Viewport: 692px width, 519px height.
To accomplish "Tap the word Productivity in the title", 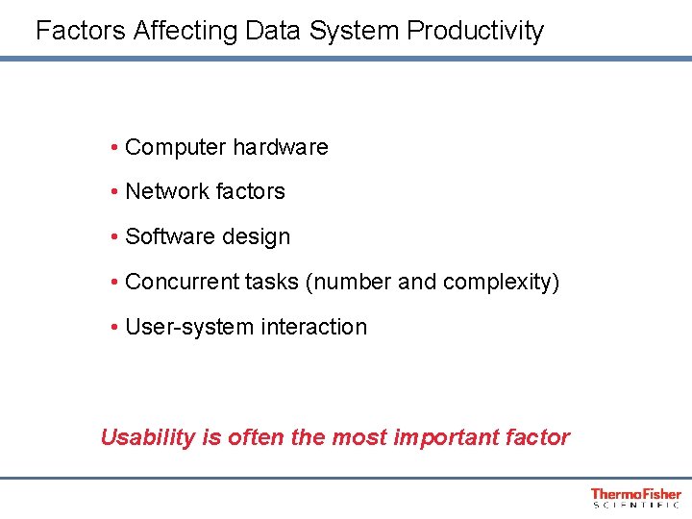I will (475, 31).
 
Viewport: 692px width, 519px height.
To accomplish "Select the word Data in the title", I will (273, 31).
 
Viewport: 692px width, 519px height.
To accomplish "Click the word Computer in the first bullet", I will (176, 148).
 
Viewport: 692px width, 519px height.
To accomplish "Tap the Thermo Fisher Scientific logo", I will (635, 497).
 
